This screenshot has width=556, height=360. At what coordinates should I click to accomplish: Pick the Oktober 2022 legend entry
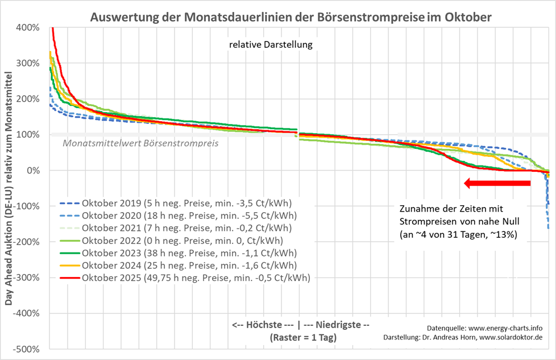click(x=179, y=240)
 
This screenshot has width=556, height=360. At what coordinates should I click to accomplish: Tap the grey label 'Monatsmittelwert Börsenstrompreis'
click(x=140, y=143)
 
